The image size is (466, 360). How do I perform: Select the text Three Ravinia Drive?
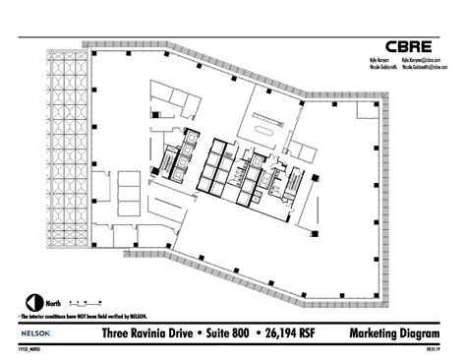pyautogui.click(x=147, y=334)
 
